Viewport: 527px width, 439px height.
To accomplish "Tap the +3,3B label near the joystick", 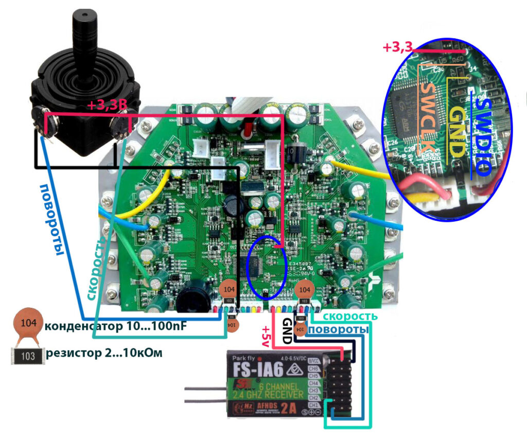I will click(x=107, y=106).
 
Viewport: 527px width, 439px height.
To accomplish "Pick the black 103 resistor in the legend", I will click(x=28, y=355).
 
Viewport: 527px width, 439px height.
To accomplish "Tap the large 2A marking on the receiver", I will click(x=292, y=409).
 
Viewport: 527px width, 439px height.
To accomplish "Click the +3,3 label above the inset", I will click(x=397, y=48).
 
